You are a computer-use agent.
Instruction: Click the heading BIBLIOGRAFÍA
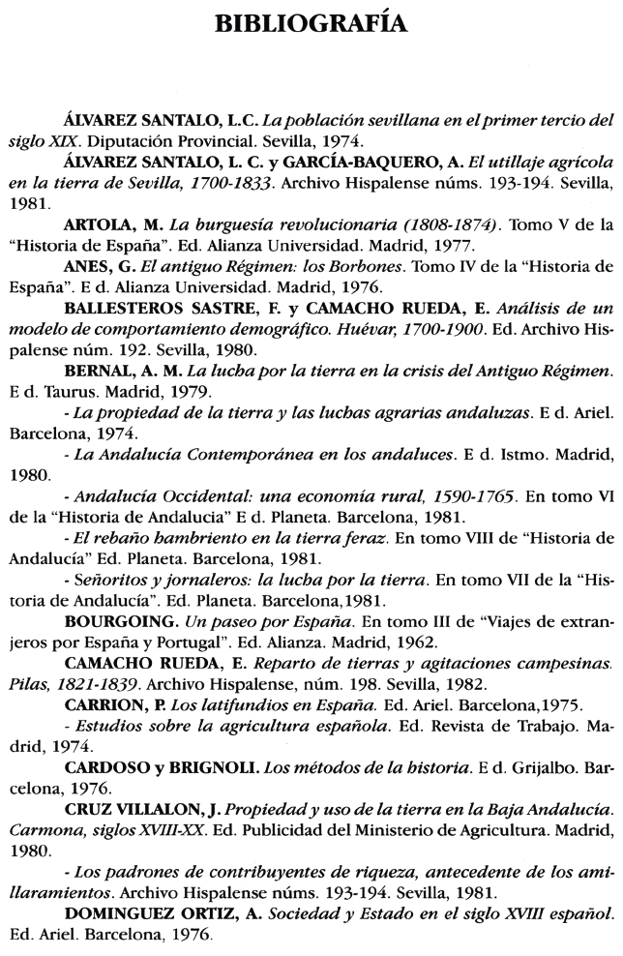[x=311, y=20]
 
